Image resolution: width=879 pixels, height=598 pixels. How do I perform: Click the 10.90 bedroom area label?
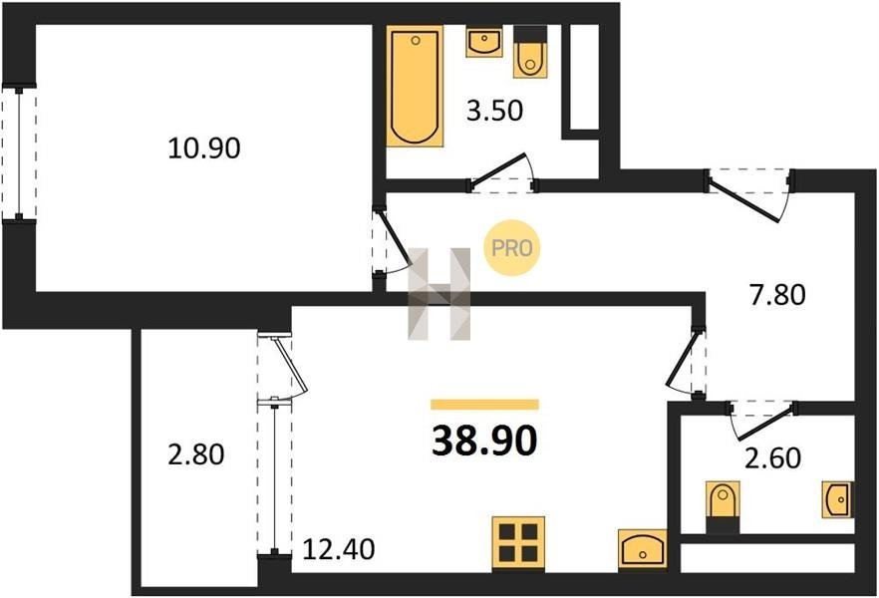[x=204, y=149]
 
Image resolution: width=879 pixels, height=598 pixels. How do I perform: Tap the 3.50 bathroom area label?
[x=494, y=111]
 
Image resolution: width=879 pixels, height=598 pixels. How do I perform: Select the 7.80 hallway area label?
[x=777, y=295]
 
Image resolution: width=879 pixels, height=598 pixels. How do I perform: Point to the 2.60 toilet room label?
[x=772, y=457]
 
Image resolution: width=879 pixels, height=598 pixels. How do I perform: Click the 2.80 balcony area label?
[x=196, y=453]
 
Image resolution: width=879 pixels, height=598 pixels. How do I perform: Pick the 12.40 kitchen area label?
[x=339, y=549]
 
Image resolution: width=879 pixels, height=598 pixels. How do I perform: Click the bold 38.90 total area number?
[x=484, y=441]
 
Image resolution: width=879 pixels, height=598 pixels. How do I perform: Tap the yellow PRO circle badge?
[x=512, y=248]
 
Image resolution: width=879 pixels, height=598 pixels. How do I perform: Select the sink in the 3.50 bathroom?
[x=483, y=43]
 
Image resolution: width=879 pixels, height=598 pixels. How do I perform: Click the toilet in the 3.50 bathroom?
[x=530, y=52]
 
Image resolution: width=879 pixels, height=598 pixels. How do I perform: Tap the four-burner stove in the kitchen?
[x=518, y=543]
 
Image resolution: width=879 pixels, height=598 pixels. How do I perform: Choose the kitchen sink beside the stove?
[x=643, y=550]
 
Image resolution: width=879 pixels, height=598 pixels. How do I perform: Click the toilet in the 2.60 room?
[x=723, y=506]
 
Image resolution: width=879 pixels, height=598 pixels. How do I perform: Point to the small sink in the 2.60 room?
[x=837, y=499]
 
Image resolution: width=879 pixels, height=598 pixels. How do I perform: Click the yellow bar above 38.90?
[x=484, y=405]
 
